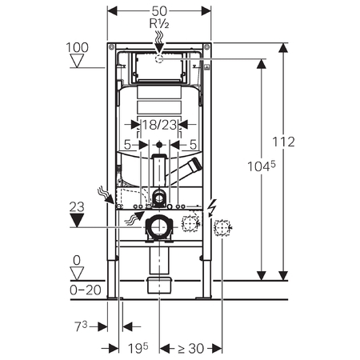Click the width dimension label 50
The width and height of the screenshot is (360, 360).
159,11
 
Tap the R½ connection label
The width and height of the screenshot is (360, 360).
159,24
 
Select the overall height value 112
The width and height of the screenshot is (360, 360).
283,142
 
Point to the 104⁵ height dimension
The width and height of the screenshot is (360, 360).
262,166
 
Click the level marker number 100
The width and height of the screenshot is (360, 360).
77,47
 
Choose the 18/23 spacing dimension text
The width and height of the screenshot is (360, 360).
159,125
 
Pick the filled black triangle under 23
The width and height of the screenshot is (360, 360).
77,220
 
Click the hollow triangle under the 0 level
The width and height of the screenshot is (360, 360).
77,274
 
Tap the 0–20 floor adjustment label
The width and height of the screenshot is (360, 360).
86,290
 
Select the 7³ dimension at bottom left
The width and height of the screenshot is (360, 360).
81,326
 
